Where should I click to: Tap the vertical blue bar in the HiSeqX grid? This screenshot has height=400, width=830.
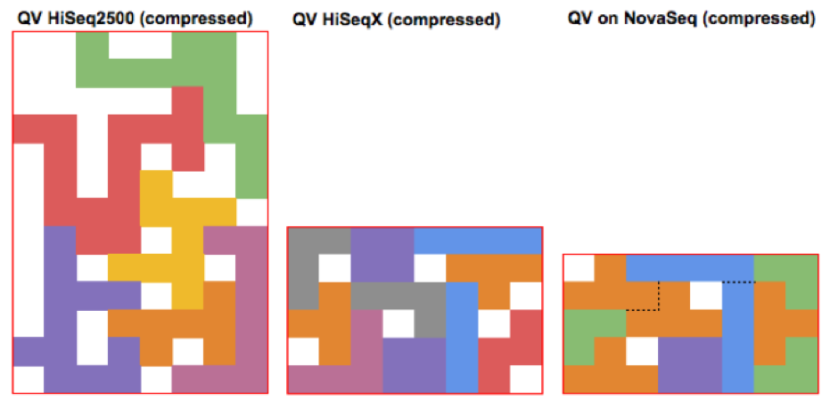click(462, 338)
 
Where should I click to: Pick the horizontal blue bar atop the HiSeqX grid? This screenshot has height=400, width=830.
click(478, 241)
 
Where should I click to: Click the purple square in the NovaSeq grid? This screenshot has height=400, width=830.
click(690, 365)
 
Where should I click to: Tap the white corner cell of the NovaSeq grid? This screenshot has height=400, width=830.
click(579, 268)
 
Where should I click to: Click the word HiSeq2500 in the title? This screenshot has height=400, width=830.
click(81, 19)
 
